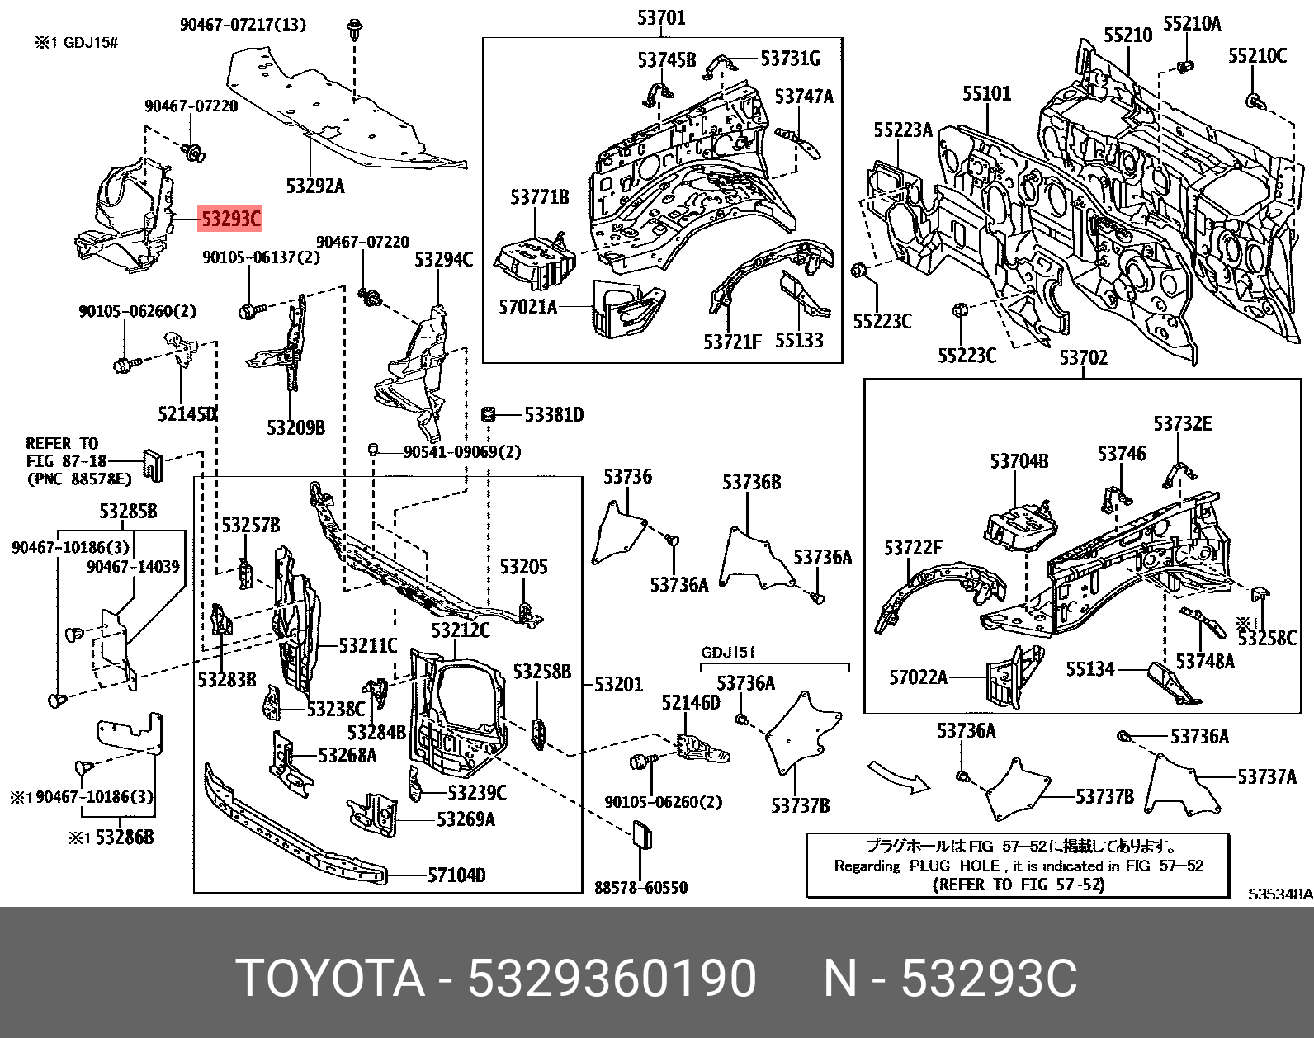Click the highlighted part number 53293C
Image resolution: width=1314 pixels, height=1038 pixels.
pos(230,219)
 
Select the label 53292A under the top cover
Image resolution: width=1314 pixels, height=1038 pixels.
pos(315,186)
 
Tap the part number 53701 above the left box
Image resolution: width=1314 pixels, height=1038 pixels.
pos(661,17)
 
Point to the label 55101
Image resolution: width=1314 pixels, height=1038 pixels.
pos(986,93)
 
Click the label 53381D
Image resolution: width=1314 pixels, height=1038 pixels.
pos(554,414)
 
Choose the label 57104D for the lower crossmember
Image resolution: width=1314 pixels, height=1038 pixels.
pos(456,875)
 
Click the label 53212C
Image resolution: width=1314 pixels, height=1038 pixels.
pos(460,631)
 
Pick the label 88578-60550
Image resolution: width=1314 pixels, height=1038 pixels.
pos(640,888)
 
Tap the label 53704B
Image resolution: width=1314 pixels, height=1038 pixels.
pos(1019,461)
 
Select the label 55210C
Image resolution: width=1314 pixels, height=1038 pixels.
pos(1257,56)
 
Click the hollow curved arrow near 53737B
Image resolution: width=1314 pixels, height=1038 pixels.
pos(898,776)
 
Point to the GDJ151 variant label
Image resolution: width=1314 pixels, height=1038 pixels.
pos(728,653)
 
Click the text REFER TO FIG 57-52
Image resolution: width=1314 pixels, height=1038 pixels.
pos(1018,885)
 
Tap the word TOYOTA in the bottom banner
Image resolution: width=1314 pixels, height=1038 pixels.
pos(330,979)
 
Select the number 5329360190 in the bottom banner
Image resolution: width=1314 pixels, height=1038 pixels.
pos(612,979)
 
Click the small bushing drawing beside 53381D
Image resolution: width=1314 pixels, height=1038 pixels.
pos(487,413)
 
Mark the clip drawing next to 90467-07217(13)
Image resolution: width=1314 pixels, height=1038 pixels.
pos(355,30)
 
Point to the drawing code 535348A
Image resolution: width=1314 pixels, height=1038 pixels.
pos(1279,894)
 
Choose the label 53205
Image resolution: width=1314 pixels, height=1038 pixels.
pos(523,567)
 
